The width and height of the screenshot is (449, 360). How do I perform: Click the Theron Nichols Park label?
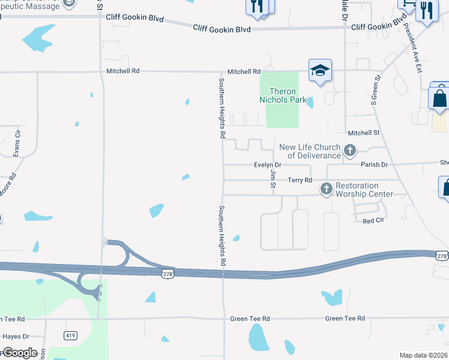coord(282,95)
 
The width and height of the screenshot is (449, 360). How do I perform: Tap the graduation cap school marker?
coord(320,71)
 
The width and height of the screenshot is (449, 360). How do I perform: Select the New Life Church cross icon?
coord(350,149)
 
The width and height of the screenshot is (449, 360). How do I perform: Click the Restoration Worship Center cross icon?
coord(326,189)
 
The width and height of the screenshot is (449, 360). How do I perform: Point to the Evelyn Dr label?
coord(268,165)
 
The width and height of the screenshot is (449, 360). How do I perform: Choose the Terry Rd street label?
coord(300,180)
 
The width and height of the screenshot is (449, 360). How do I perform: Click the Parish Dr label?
coord(375,164)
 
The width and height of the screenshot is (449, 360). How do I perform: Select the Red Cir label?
coord(373,221)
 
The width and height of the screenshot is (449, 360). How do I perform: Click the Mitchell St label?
coord(364,133)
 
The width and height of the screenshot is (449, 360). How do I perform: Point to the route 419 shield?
coord(70,334)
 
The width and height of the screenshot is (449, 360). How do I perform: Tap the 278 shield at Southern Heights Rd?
coord(168,273)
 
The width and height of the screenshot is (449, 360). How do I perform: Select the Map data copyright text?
coord(423,355)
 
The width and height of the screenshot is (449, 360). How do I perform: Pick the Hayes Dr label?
coord(16,337)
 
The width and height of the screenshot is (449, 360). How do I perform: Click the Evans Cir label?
coord(17,142)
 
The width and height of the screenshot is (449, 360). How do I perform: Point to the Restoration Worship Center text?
coord(364,190)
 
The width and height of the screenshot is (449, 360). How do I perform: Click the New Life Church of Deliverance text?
coord(310,151)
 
